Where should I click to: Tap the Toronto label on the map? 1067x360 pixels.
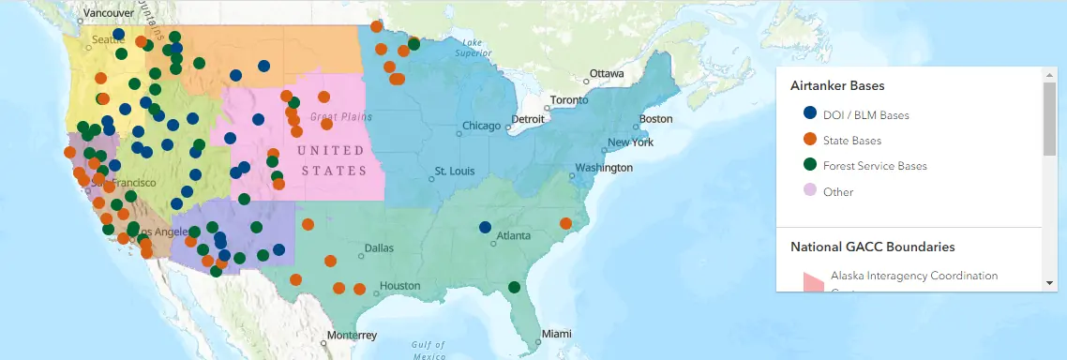click(569, 100)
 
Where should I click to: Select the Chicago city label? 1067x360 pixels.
click(481, 127)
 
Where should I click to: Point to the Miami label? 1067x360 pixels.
click(556, 334)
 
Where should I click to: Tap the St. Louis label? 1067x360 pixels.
click(455, 172)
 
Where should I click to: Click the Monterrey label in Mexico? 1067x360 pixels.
click(352, 335)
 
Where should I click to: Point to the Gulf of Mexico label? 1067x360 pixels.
click(428, 350)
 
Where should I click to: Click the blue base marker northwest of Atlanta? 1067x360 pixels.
click(485, 227)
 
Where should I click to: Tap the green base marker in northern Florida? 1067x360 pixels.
click(514, 287)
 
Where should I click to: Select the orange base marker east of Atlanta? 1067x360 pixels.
click(565, 223)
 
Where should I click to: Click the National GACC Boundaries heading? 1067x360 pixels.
click(872, 247)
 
